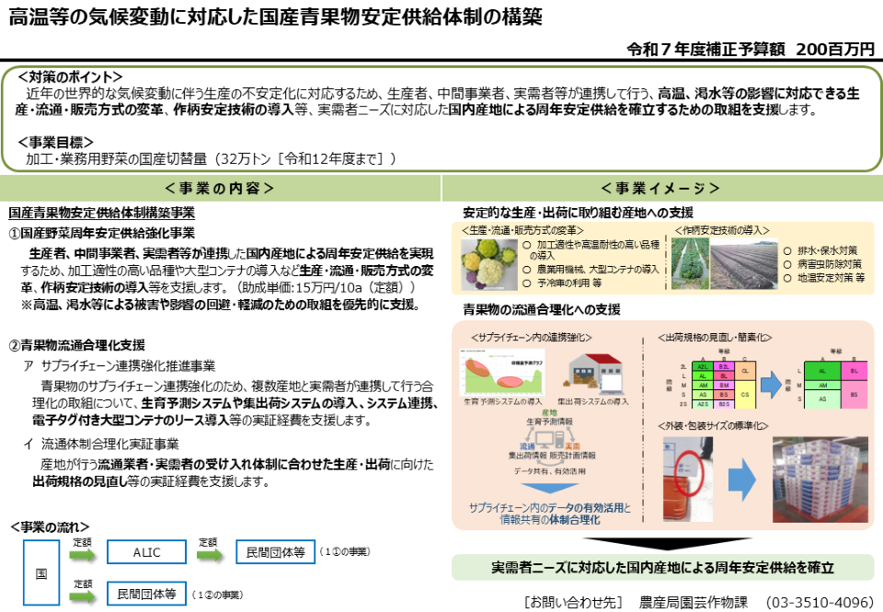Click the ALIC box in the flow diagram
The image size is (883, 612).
coord(146,552)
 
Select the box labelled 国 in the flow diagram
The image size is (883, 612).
coord(41,572)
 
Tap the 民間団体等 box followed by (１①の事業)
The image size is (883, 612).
coord(275,552)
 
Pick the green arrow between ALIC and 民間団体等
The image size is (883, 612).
coord(210,555)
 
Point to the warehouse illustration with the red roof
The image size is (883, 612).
coord(591,372)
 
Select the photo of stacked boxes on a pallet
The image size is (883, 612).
coord(820,478)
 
